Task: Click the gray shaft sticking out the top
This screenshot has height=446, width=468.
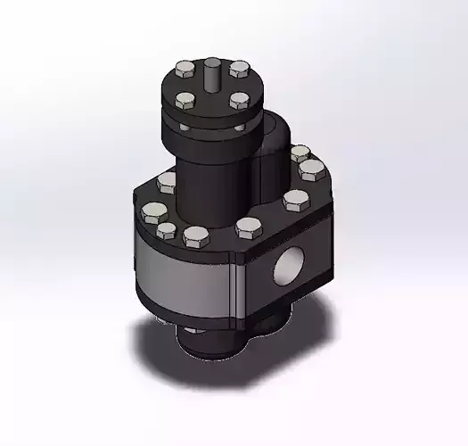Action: [x=214, y=70]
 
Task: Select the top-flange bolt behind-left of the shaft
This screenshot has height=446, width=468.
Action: [x=185, y=69]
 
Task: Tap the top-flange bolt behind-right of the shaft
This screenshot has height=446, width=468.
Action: [x=239, y=68]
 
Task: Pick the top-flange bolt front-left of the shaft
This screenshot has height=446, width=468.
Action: [x=185, y=99]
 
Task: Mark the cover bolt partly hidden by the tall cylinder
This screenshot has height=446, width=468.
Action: [x=167, y=183]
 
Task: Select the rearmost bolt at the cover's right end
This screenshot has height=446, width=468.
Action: [x=301, y=153]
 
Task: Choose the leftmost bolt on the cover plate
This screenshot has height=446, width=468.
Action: [x=153, y=213]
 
